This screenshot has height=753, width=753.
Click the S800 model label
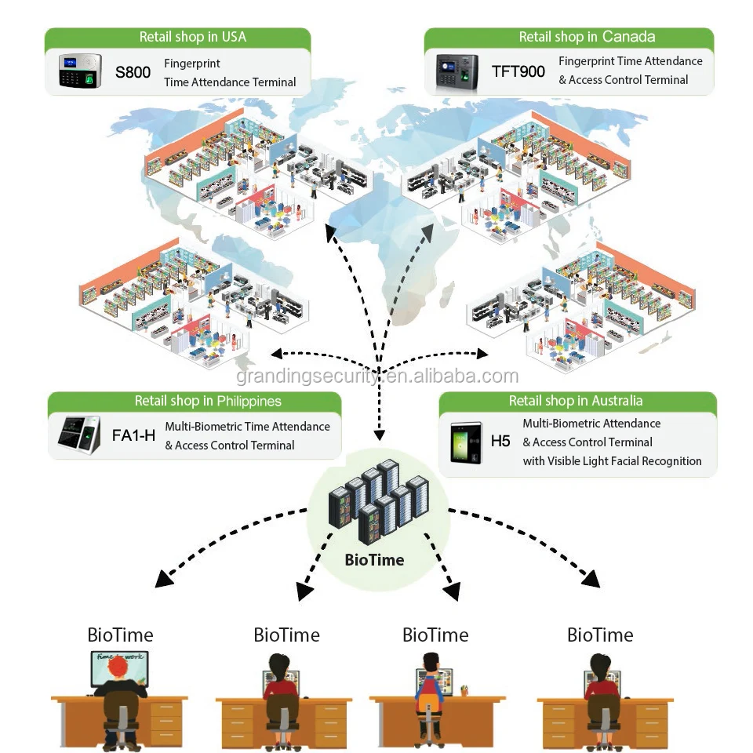point(133,72)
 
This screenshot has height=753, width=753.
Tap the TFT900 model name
point(518,71)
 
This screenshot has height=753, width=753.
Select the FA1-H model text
point(133,435)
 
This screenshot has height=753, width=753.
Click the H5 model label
point(500,442)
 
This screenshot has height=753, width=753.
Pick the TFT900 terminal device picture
point(457,71)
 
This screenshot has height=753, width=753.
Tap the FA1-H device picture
point(79,436)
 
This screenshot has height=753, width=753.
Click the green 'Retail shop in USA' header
point(192,37)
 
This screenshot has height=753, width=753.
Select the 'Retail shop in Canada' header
point(586,37)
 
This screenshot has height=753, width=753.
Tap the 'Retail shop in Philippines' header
point(207,401)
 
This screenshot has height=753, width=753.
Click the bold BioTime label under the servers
point(375,560)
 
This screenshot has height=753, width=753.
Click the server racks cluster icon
point(378,502)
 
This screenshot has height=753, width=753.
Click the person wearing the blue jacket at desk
point(429,694)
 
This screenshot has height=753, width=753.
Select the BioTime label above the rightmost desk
point(599,635)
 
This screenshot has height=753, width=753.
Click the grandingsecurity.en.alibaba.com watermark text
point(377,376)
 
